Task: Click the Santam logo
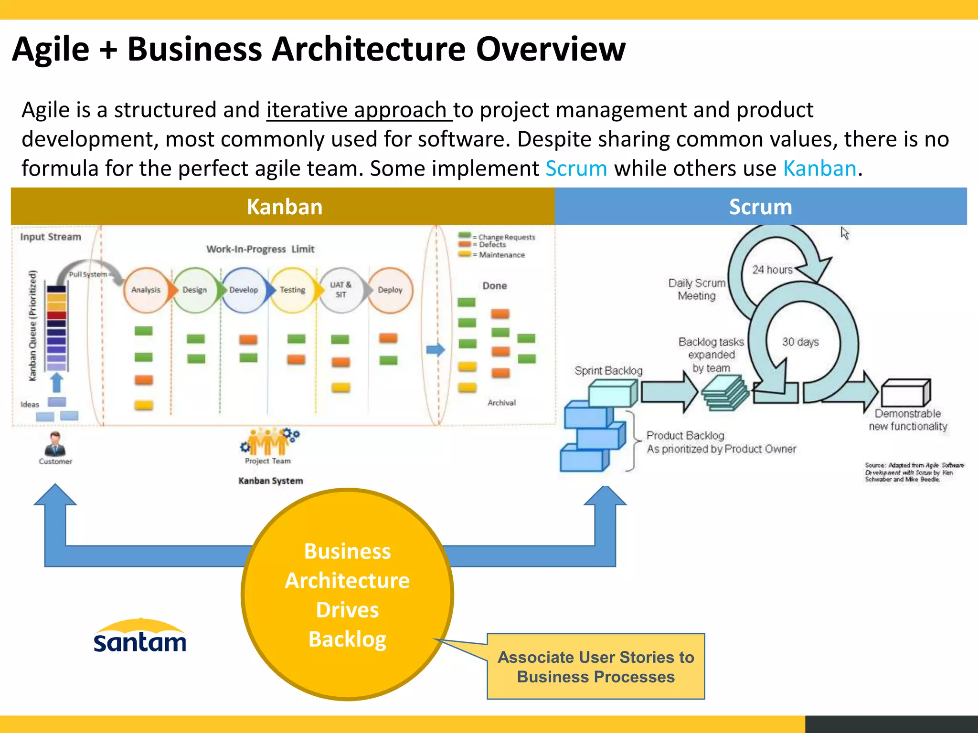(x=140, y=637)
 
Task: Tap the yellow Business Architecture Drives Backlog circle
(x=347, y=594)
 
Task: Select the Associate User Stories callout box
(x=595, y=667)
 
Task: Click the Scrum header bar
(x=760, y=207)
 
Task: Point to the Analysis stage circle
(x=146, y=290)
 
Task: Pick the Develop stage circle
(x=244, y=290)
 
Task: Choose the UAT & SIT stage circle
(x=340, y=290)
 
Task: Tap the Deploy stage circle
(x=390, y=290)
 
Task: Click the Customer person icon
(x=55, y=444)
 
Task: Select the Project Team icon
(x=268, y=442)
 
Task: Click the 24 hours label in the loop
(x=772, y=270)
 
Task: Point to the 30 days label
(x=800, y=342)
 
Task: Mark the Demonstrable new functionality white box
(x=905, y=393)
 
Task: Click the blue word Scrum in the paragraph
(x=576, y=168)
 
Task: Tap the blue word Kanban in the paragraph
(x=820, y=168)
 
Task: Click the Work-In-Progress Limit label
(x=260, y=249)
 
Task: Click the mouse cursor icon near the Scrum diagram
(x=845, y=233)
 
